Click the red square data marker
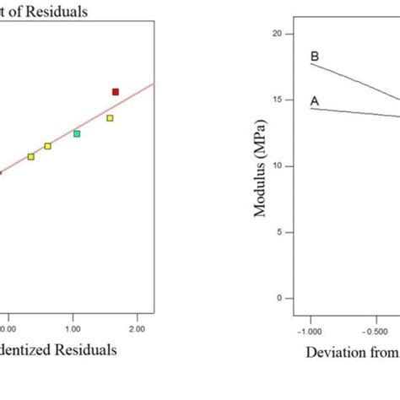click(x=116, y=91)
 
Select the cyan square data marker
click(x=77, y=133)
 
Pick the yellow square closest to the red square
click(x=110, y=118)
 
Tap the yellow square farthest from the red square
click(x=31, y=156)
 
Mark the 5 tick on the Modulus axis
click(x=288, y=232)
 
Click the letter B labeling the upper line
click(x=315, y=57)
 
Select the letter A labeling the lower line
click(x=315, y=101)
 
